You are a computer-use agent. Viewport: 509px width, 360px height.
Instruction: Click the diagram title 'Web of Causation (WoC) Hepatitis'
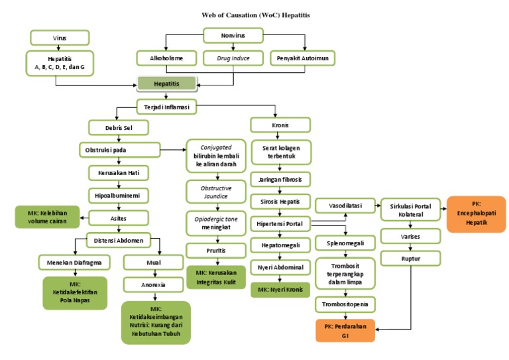coord(255,14)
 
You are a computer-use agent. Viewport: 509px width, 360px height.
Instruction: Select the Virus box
coord(59,38)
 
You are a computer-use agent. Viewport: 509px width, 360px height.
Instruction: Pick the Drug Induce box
coord(233,58)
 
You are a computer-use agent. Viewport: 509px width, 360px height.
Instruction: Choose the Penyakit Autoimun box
coord(302,58)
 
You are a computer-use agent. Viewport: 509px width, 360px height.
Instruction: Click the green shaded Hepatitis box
coord(167,84)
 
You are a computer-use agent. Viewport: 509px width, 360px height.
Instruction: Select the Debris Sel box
coord(118,127)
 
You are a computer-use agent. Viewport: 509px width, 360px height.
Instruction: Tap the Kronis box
coord(279,125)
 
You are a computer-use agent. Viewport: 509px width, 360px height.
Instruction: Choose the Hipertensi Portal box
coord(279,224)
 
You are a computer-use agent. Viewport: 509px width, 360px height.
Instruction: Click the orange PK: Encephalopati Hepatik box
coord(475,214)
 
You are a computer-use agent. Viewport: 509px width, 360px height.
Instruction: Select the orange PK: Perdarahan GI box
coord(345,330)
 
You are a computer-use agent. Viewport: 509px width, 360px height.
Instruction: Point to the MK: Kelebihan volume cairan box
coord(46,217)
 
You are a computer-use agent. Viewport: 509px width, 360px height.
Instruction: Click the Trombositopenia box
coord(345,304)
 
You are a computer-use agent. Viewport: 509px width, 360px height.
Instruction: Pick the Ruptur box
coord(410,258)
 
